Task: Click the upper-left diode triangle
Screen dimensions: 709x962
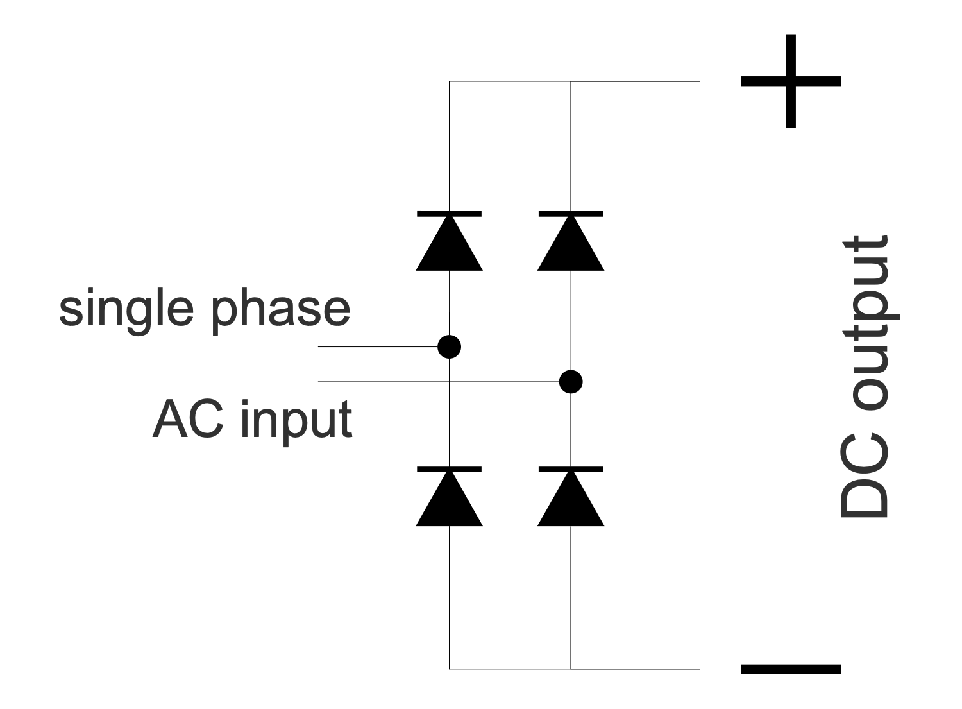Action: point(449,247)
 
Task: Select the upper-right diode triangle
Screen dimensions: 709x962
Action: point(571,247)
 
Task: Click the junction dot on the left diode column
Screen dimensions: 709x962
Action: point(449,346)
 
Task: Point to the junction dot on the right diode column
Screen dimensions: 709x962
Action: point(571,382)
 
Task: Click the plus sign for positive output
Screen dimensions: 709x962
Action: point(790,81)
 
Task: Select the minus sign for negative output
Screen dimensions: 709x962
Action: point(790,669)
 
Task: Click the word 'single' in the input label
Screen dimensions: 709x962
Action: point(126,309)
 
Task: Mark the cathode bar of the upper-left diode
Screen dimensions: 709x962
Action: point(449,214)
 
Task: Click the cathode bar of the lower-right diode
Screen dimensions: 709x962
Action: point(571,470)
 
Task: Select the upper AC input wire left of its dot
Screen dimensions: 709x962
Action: point(378,346)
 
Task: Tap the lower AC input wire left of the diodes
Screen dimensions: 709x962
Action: point(378,382)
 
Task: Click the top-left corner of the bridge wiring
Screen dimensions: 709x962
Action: point(450,81)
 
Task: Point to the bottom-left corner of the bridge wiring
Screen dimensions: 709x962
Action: point(450,669)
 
